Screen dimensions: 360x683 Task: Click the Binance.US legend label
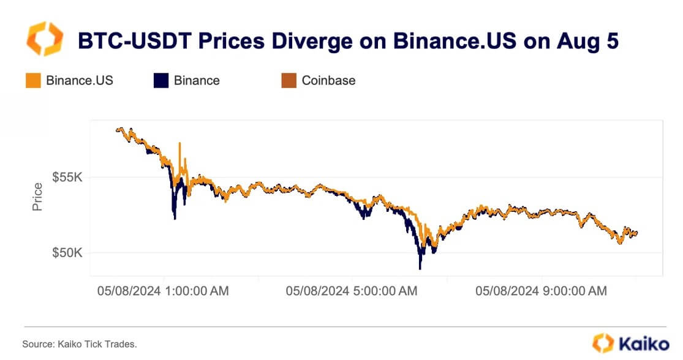80,80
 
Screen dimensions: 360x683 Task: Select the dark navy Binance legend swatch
160,80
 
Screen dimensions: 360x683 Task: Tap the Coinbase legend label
328,80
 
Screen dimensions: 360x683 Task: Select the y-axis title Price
38,197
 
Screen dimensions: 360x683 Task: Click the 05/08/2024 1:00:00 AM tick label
163,291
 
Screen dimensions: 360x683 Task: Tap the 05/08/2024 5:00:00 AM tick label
352,291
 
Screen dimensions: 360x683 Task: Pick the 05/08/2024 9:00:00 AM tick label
541,291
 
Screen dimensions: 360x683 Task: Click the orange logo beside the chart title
43,39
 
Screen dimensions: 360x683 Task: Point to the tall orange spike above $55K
179,144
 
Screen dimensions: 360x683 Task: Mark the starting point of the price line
116,129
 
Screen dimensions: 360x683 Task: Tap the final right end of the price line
637,233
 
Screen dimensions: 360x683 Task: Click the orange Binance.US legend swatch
33,80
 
